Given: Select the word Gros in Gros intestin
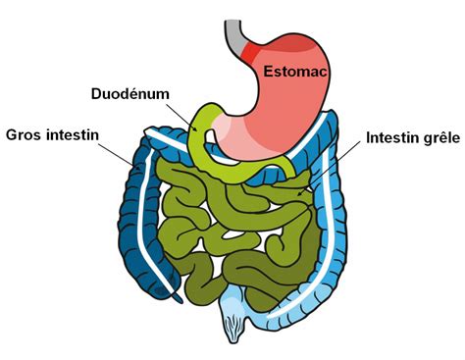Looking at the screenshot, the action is pos(26,131).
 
